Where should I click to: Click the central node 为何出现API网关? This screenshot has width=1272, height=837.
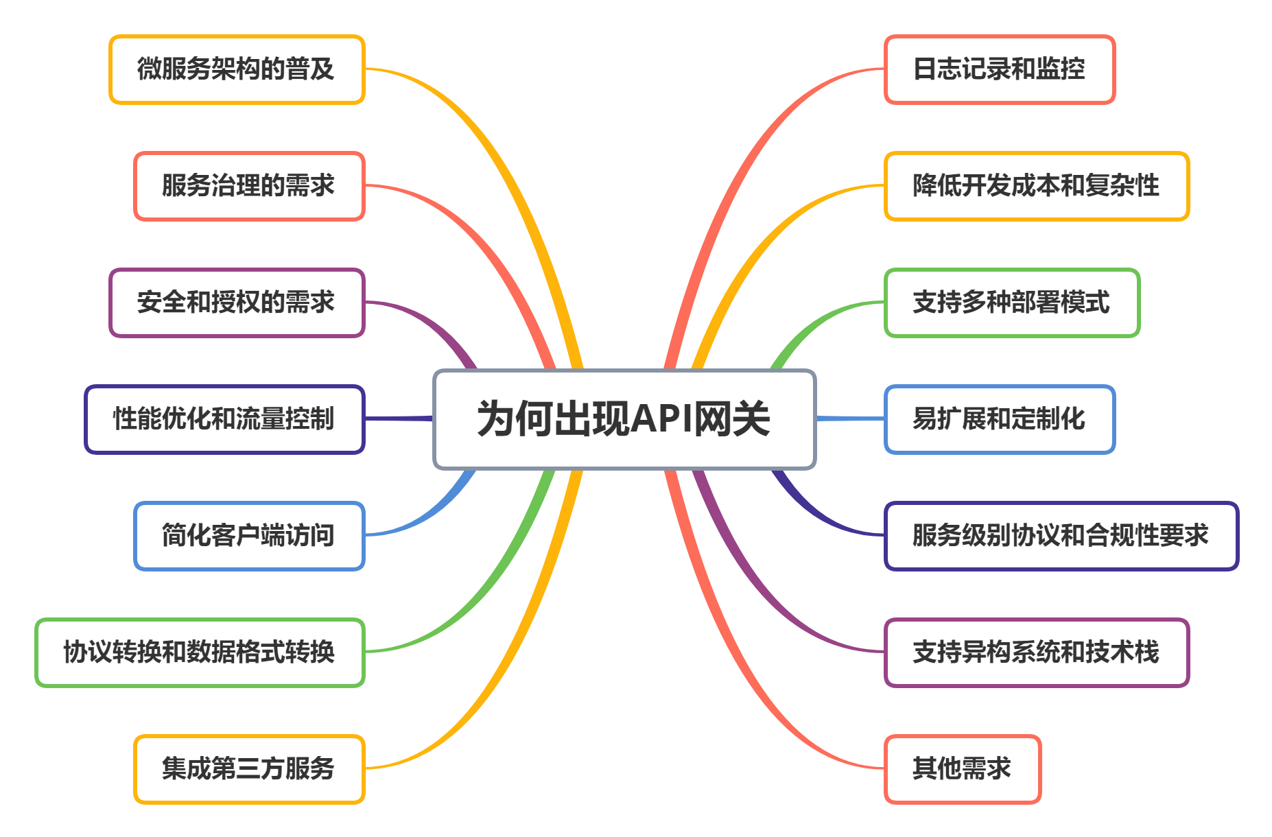pos(624,419)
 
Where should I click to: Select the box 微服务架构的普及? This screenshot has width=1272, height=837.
pos(237,69)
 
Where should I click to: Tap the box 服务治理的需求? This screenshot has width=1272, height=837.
pos(249,186)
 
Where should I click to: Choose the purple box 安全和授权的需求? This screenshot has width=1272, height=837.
pos(237,303)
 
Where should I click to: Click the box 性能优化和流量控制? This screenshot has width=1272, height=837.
pos(224,419)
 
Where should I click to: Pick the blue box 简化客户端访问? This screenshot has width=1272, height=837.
pos(249,536)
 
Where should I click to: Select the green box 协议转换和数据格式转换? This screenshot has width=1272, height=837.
pos(200,652)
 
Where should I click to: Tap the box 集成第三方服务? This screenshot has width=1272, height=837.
pos(249,769)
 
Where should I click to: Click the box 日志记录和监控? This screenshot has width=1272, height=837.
pos(1000,69)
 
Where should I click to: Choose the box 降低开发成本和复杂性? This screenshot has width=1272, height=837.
pos(1036,186)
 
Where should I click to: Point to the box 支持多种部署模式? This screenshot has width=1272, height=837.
pos(1012,303)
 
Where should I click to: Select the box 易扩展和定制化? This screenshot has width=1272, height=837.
pos(1000,419)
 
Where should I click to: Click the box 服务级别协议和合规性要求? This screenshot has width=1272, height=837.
pos(1061,536)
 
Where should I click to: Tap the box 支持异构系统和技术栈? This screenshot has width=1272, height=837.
pos(1036,652)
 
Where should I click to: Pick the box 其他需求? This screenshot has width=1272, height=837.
pos(963,769)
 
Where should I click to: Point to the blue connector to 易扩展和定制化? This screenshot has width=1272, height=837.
pos(850,418)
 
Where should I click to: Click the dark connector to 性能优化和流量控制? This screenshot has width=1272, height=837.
pos(399,418)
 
